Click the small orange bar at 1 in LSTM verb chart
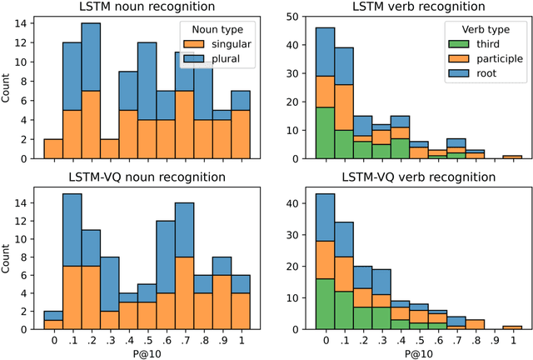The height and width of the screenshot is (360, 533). point(513,156)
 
